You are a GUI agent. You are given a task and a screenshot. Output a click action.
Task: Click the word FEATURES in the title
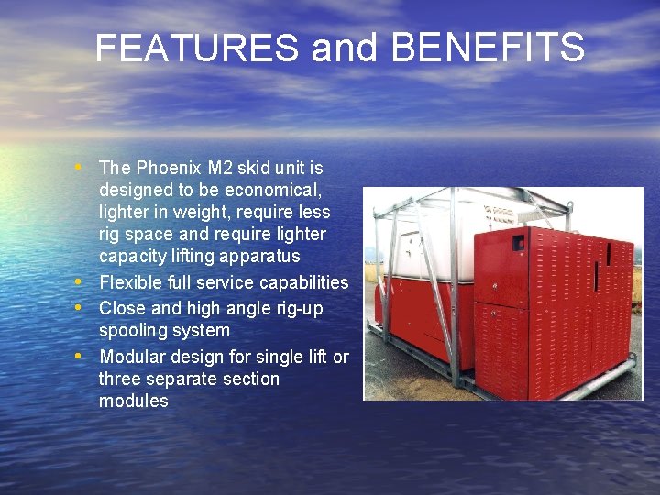click(x=197, y=48)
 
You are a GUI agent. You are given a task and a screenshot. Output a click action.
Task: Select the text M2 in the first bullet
click(x=221, y=168)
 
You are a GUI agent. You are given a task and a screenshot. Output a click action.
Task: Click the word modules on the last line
click(x=134, y=401)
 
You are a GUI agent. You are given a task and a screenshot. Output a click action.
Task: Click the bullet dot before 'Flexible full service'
click(x=82, y=281)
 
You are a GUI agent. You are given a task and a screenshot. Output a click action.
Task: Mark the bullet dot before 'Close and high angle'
click(x=82, y=307)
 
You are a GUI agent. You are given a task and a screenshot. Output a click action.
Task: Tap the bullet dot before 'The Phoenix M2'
click(x=82, y=168)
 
